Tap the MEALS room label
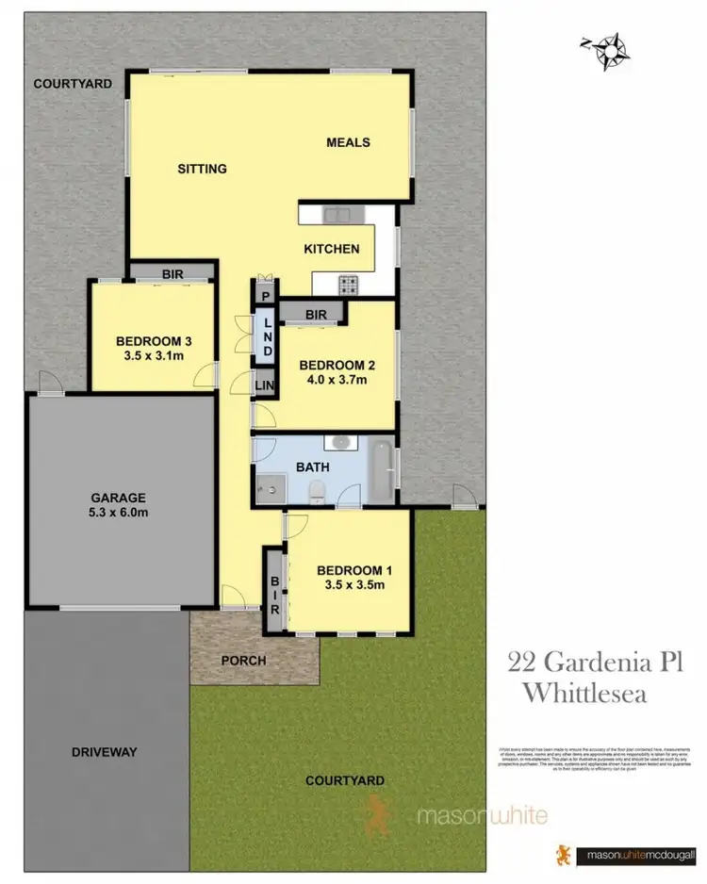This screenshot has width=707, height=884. [x=348, y=143]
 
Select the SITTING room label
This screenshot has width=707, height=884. [x=203, y=170]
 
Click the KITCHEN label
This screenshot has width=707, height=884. [x=331, y=249]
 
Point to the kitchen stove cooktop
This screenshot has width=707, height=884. [x=349, y=283]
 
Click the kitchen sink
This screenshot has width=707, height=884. [x=337, y=215]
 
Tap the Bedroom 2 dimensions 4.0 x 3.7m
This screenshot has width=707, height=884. [x=332, y=381]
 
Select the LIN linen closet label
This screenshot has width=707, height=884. [x=265, y=385]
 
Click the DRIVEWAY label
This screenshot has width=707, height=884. [x=105, y=752]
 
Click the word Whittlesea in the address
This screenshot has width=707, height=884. [x=584, y=694]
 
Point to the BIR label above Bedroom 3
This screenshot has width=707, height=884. [x=173, y=273]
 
